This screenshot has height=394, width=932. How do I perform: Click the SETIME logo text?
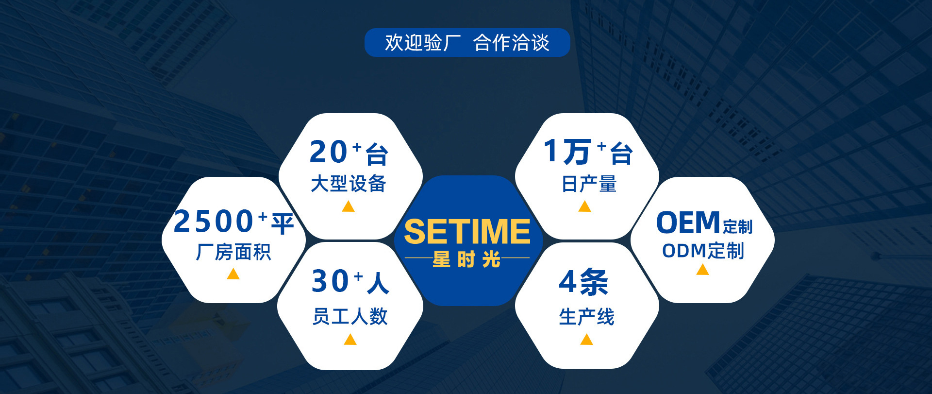pos(467,232)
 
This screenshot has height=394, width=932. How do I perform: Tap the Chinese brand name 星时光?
pos(466,259)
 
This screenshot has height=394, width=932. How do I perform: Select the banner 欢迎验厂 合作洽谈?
pos(467,43)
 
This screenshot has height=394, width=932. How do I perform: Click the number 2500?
pos(214,222)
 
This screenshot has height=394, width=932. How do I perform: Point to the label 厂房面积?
pos(233,252)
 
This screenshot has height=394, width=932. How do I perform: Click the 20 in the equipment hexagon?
pos(329,152)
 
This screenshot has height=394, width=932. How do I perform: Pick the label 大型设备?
pos(349,184)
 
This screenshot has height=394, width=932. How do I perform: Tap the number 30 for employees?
pos(330,281)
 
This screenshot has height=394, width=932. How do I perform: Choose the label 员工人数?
pos(350,316)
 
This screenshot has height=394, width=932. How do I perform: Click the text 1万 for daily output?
pos(566,152)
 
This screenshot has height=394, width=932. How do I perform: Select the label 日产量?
pos(589,184)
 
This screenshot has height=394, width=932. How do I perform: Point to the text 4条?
pos(583,282)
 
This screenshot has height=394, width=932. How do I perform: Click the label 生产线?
pos(586,317)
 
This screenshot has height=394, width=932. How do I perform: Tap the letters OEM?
pos(688,223)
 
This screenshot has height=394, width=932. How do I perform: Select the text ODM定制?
pos(703,251)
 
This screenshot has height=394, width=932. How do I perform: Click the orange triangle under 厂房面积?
pos(233,274)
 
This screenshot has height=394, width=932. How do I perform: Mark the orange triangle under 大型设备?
pos(348,207)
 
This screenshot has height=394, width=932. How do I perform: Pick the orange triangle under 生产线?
pos(586,340)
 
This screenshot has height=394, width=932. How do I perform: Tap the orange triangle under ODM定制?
pos(702,270)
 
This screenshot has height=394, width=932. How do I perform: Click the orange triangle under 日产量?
pos(584,207)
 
